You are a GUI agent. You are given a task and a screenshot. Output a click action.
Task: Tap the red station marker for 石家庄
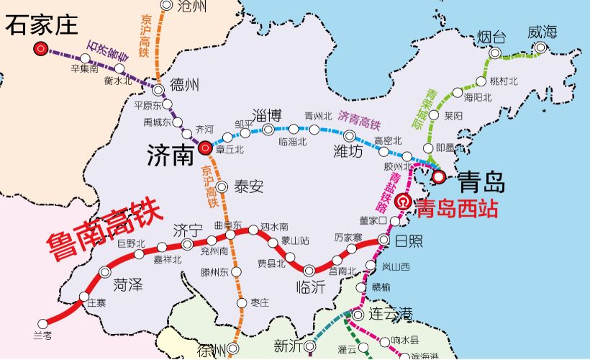(x=40, y=49)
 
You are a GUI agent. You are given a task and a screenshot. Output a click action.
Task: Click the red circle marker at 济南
(x=204, y=148)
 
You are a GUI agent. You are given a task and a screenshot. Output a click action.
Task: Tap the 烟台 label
(x=492, y=34)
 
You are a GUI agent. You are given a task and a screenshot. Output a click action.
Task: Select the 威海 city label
(x=542, y=32)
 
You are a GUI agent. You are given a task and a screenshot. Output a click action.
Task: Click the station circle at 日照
(x=383, y=239)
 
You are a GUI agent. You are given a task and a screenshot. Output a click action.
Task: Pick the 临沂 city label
(x=311, y=287)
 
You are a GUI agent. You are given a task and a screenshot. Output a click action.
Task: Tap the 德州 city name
(x=183, y=85)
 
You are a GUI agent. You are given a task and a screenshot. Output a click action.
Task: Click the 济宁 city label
(x=189, y=230)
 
